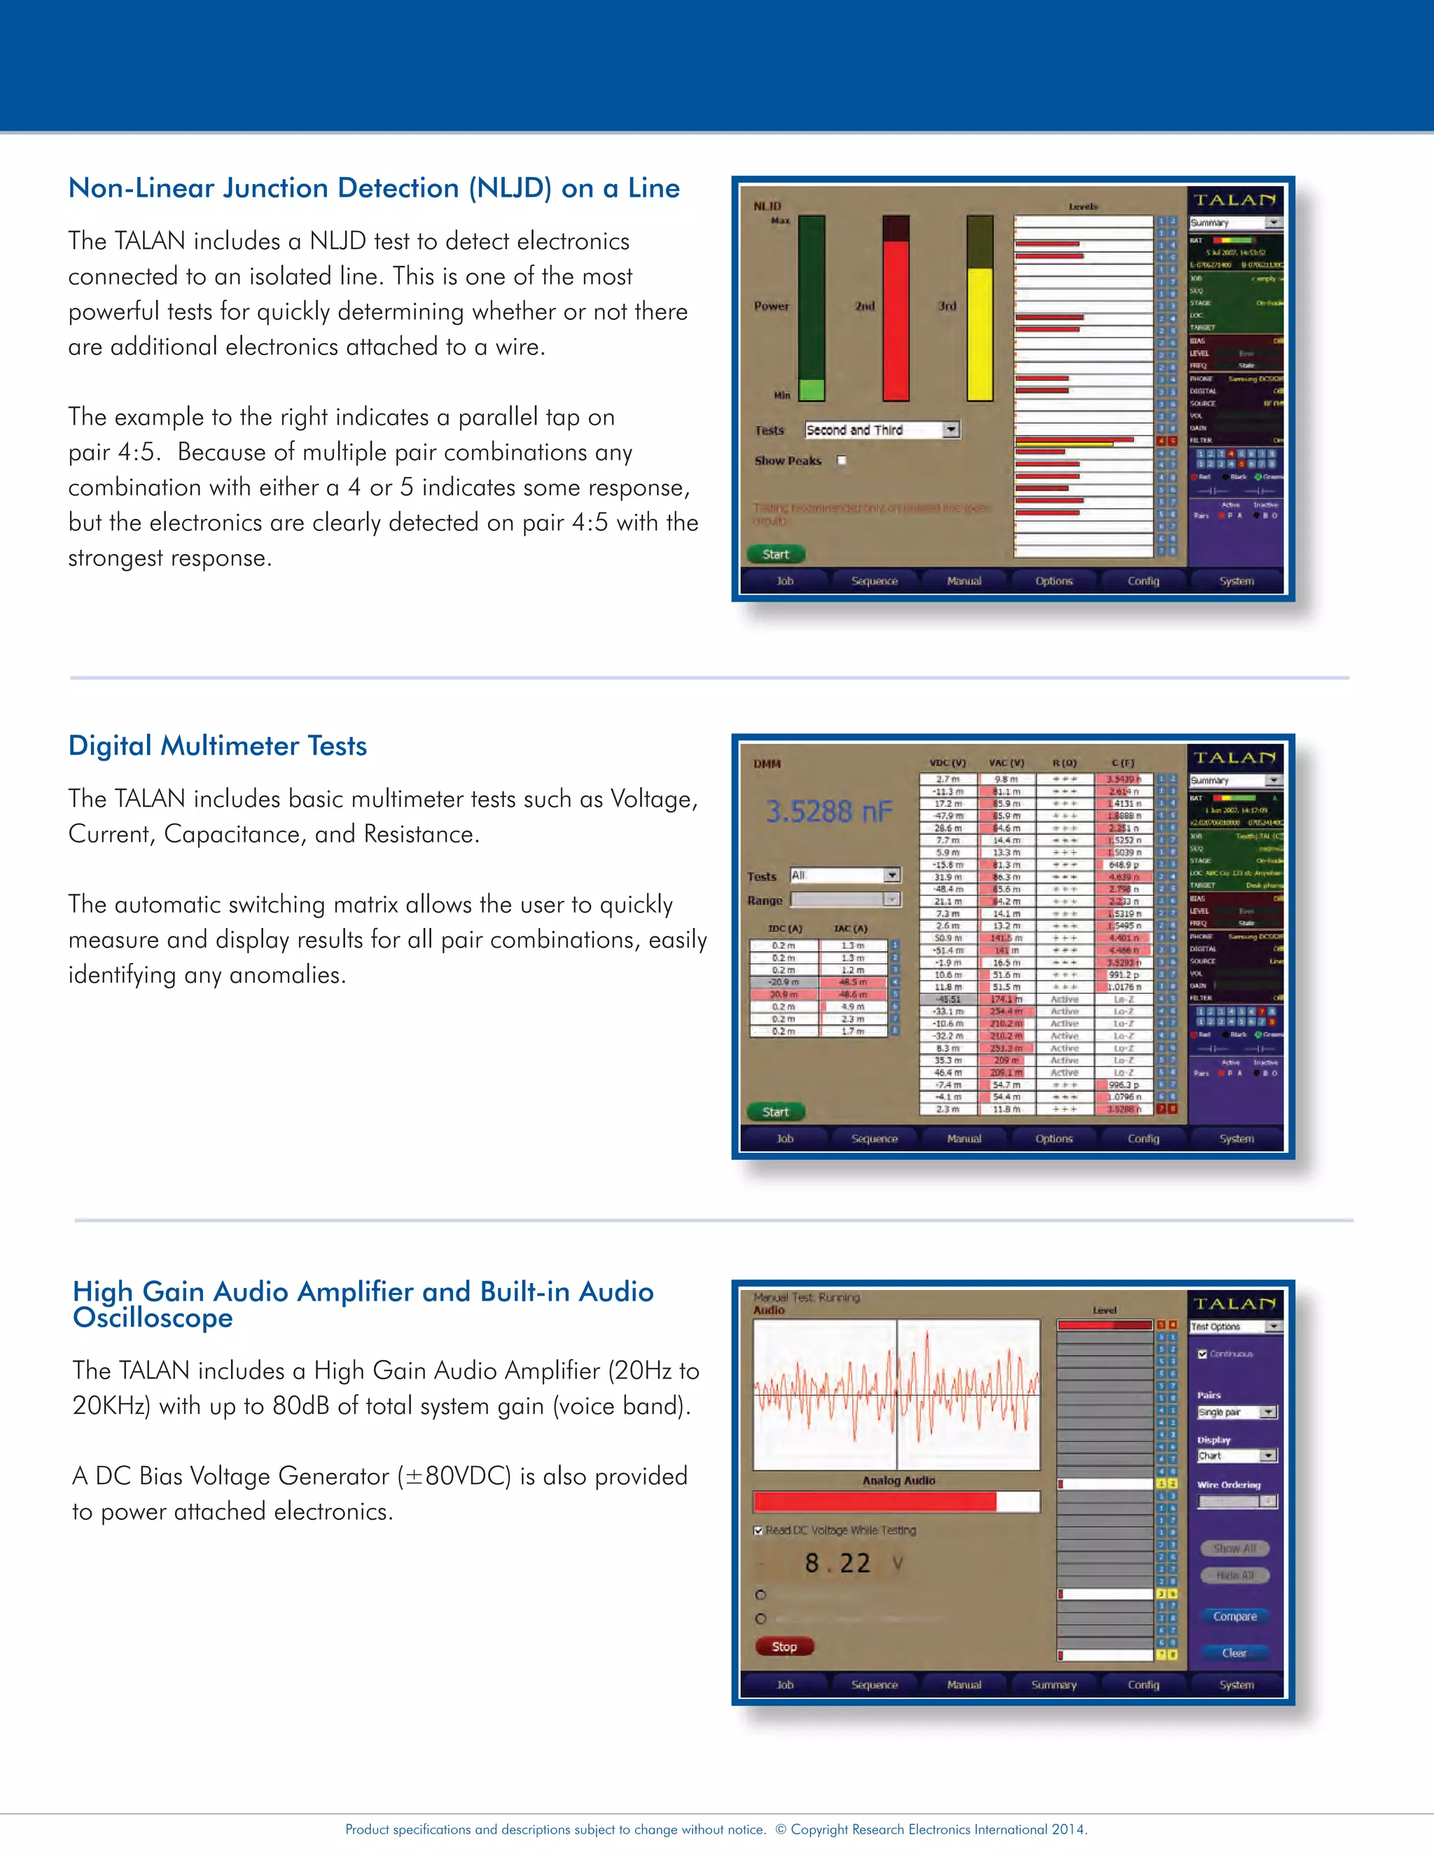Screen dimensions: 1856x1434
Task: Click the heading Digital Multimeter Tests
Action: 218,745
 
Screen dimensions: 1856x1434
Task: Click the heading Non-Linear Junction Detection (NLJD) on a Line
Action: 374,188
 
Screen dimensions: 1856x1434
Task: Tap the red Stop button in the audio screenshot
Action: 784,1646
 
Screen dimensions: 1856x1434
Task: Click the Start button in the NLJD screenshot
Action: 776,554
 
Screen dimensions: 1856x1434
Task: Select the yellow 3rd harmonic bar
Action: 980,333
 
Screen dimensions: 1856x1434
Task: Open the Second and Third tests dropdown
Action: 952,430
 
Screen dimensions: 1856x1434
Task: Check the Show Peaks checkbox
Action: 842,461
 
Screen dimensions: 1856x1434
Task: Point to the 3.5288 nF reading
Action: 828,812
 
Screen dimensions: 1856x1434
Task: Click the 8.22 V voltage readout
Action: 838,1563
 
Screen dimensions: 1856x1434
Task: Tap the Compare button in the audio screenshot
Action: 1234,1616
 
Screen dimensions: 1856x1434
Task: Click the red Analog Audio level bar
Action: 875,1502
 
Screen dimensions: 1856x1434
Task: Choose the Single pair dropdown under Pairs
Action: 1236,1413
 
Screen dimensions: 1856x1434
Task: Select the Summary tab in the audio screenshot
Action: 1053,1684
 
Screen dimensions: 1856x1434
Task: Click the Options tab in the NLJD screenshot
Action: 1053,581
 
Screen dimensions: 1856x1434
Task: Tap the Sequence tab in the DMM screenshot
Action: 874,1139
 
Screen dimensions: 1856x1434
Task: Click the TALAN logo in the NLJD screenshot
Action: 1234,200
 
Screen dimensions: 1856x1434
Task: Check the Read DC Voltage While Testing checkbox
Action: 758,1530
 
